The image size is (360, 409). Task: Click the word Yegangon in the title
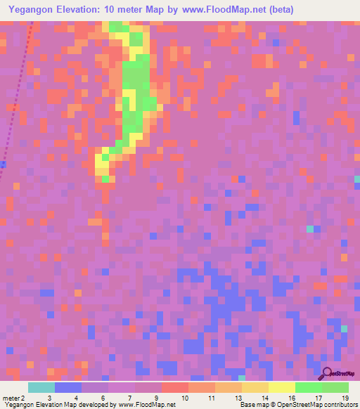click(x=33, y=10)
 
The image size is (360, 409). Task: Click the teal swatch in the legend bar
click(x=41, y=387)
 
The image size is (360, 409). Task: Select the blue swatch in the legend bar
click(x=68, y=387)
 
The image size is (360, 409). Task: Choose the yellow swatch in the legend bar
click(x=282, y=387)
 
